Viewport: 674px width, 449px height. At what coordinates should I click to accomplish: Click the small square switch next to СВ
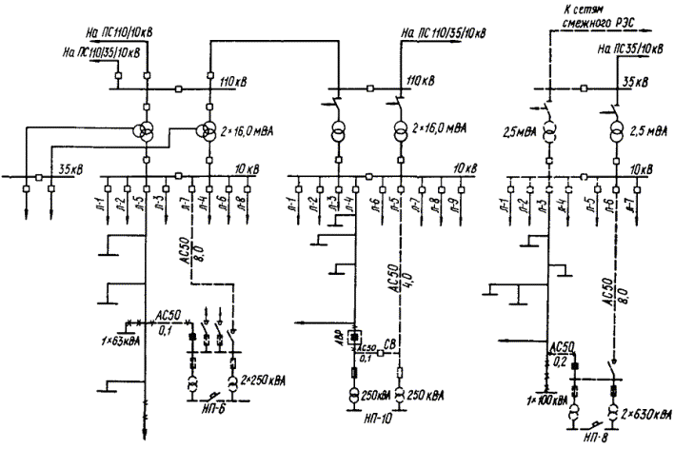point(377,352)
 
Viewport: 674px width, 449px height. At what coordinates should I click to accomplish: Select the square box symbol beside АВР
point(353,338)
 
